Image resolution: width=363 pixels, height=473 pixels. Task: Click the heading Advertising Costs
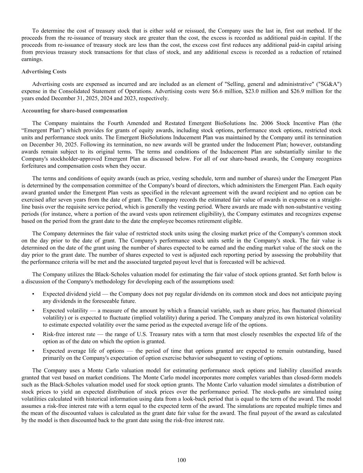coord(44,72)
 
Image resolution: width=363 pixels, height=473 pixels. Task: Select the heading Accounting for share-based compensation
coord(74,111)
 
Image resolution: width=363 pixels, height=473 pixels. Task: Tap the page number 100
coord(181,460)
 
